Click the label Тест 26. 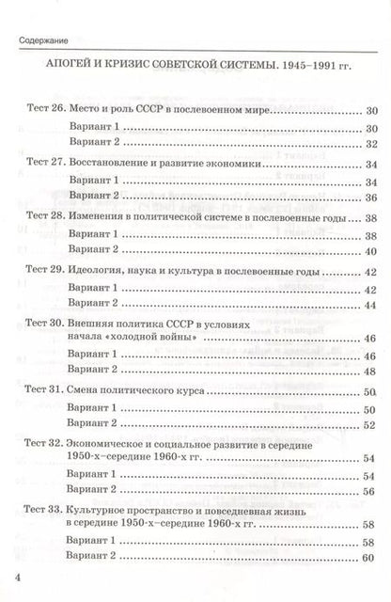click(40, 110)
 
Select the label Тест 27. click(40, 163)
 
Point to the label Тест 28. click(40, 215)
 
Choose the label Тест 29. click(40, 268)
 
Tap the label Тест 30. click(40, 321)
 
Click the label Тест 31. click(40, 388)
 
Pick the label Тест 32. click(40, 441)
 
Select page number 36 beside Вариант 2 click(368, 197)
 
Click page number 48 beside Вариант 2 click(368, 370)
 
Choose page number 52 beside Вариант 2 click(368, 422)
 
